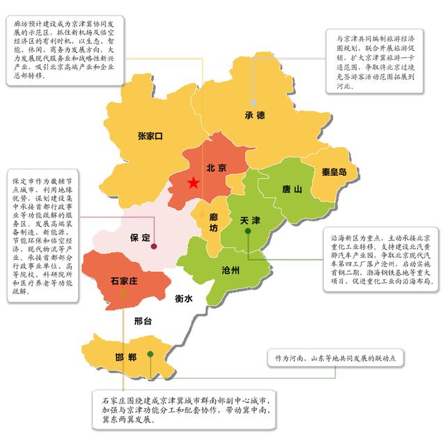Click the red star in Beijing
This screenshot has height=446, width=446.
pos(193,183)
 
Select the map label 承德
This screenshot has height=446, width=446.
pos(255,115)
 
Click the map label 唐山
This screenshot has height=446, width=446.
pos(292,189)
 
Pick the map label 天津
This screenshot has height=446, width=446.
pos(249,221)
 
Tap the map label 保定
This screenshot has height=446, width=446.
pos(140,238)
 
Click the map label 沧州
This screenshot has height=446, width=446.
pos(229,270)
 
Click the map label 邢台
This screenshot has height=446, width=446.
pos(142,321)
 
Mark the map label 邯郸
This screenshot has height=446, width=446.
pos(126,358)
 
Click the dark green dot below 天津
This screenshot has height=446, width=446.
pos(248,231)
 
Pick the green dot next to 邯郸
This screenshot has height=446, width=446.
pos(151,355)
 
